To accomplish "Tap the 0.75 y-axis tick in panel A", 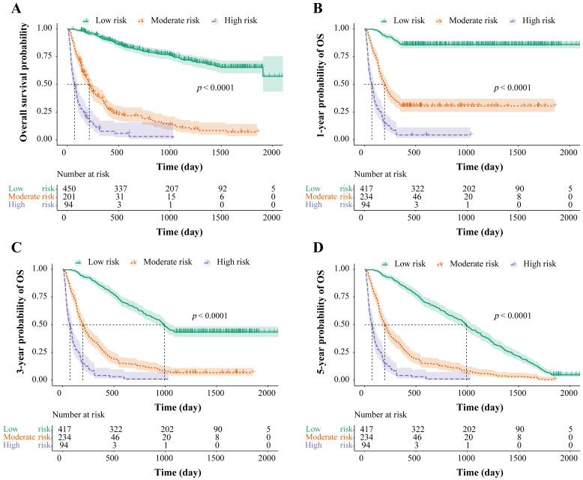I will (45, 56).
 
